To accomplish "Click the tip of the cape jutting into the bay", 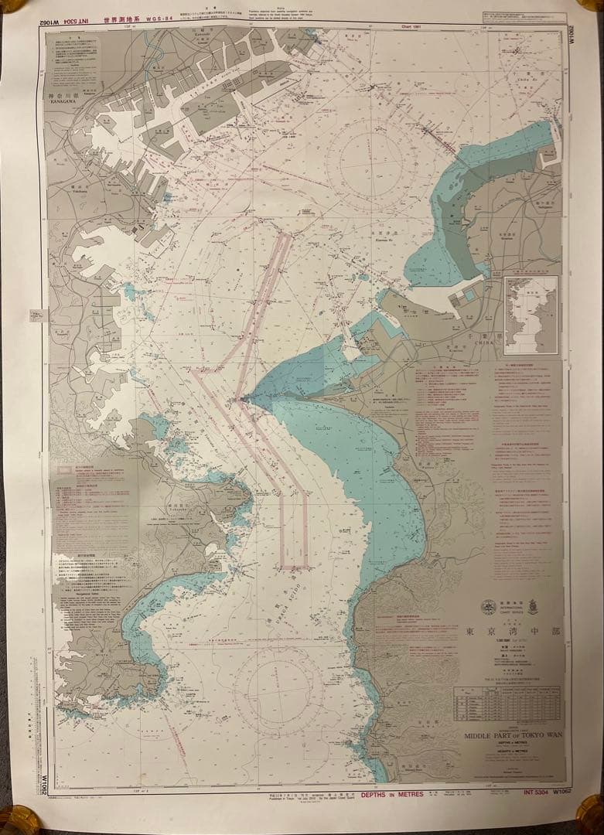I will pos(242,400).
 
